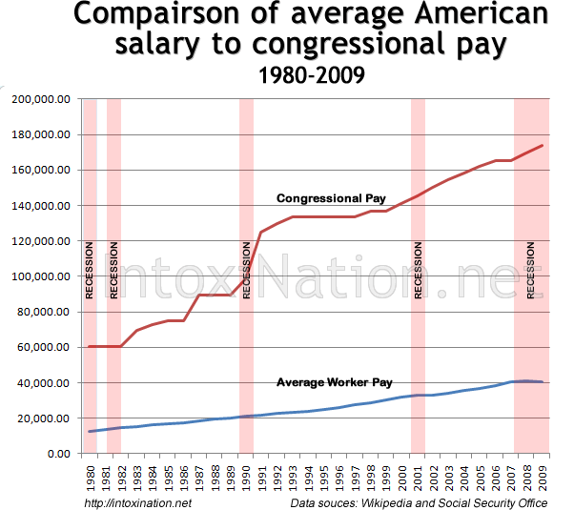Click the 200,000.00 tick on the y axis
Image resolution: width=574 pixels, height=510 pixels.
(41, 99)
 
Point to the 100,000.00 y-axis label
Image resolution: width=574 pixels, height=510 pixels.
(41, 276)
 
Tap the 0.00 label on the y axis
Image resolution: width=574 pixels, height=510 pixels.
(59, 454)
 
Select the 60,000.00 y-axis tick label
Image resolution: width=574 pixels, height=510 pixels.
(44, 348)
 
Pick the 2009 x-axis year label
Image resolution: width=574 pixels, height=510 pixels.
(542, 474)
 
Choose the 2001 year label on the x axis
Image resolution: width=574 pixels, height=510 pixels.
(417, 474)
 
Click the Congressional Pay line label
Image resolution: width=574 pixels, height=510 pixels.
(330, 198)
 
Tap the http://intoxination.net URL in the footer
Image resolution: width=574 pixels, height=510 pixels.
(138, 502)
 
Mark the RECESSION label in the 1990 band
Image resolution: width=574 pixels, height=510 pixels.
(246, 272)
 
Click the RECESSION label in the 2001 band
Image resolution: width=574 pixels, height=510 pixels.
(418, 272)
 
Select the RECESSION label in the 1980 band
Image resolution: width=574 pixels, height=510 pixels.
(90, 272)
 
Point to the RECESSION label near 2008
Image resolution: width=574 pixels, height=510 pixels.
(531, 272)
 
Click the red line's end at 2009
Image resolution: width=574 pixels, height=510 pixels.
(542, 146)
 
